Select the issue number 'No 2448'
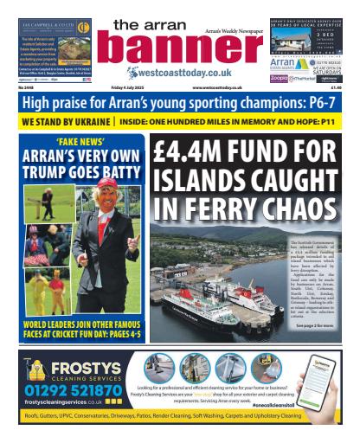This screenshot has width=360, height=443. coord(30,87)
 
